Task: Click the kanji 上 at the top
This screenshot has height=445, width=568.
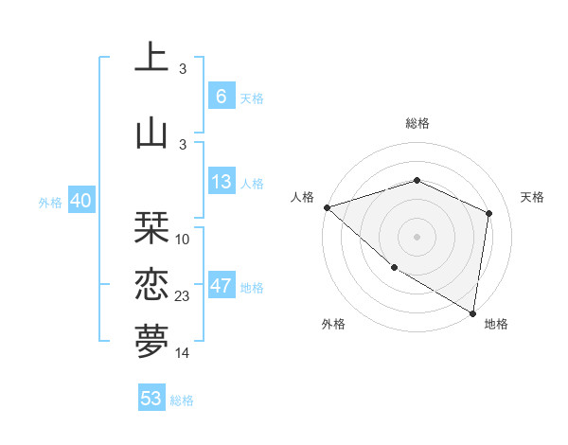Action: coord(151,59)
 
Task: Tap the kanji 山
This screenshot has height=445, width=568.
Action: coord(151,132)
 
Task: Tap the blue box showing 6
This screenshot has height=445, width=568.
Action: coord(222,96)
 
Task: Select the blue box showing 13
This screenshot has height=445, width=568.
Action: coord(222,182)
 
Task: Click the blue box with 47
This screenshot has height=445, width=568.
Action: coord(222,286)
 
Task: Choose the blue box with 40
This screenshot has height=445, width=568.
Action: coord(80,201)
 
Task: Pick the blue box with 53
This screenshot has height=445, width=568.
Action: coord(151,399)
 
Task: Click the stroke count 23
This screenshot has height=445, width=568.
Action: coord(183,296)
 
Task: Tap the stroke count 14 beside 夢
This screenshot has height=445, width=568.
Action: coord(183,352)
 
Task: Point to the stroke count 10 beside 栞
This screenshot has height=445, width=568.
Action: coord(183,239)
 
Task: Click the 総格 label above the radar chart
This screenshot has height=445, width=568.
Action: coord(417,123)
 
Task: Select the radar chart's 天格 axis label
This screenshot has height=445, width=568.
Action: coord(532,197)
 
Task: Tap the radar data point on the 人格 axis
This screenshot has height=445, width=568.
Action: coord(327,206)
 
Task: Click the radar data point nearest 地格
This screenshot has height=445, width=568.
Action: coord(472,312)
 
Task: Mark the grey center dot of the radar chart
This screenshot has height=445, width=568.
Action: coord(417,236)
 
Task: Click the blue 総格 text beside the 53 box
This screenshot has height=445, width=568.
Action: coord(182,400)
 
